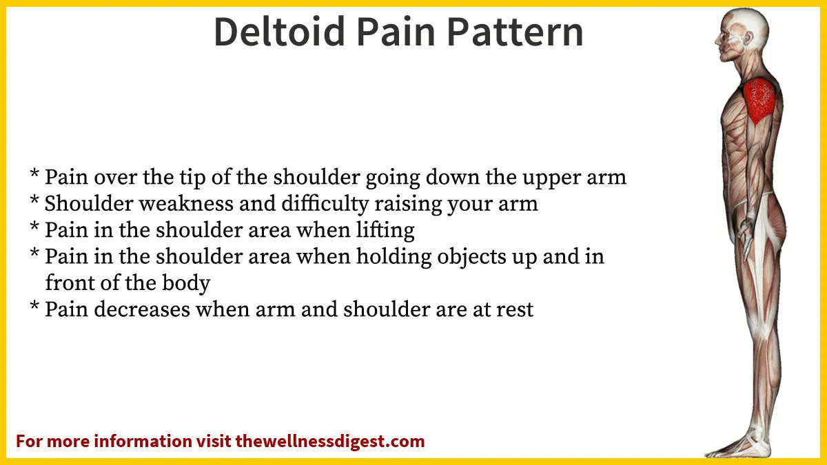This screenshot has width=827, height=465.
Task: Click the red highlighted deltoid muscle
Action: (761, 100)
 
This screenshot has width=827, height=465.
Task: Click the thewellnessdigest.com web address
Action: (330, 441)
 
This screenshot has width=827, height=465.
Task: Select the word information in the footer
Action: (143, 441)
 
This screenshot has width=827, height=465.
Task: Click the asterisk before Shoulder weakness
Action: (34, 201)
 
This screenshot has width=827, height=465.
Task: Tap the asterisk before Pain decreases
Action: (34, 307)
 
